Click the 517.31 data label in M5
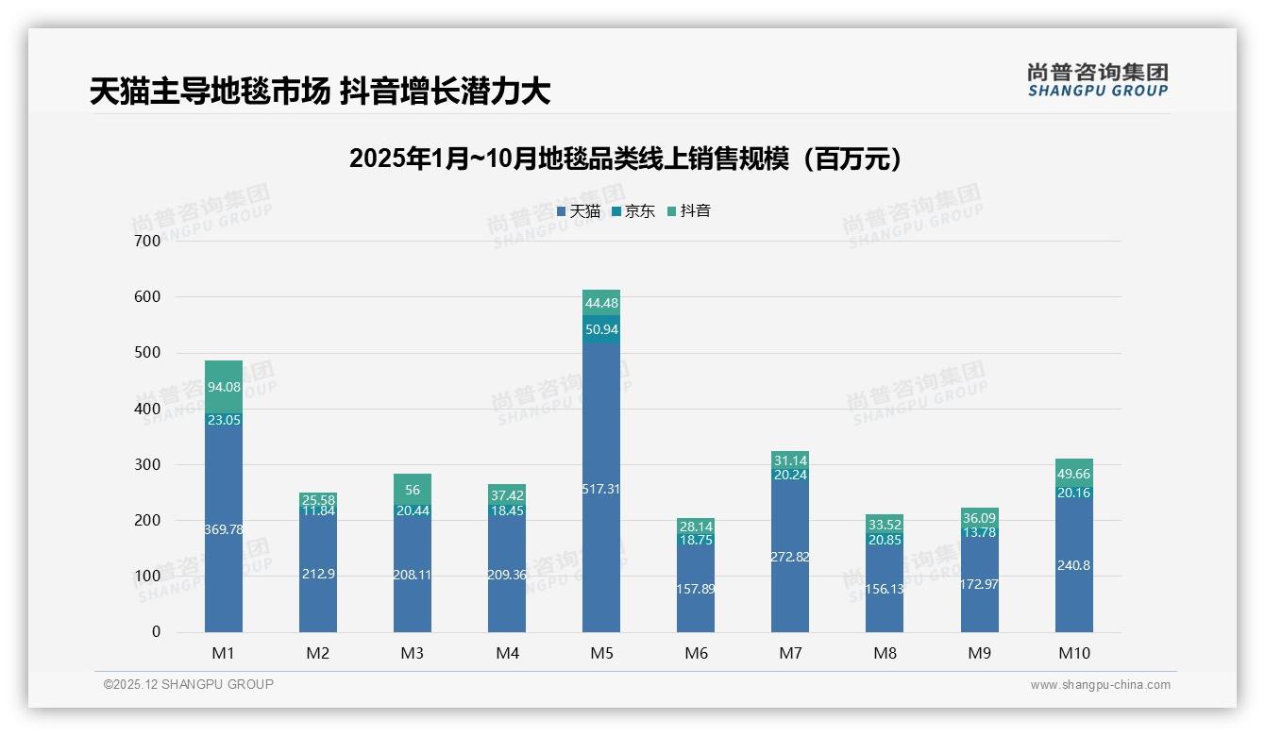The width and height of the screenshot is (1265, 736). tap(601, 489)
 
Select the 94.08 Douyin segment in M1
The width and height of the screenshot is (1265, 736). tap(224, 387)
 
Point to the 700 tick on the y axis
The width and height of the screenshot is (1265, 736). tap(146, 241)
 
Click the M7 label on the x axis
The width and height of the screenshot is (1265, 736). tap(790, 653)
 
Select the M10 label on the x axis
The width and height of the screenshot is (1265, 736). tap(1073, 653)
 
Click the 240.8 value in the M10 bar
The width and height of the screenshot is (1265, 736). tap(1073, 565)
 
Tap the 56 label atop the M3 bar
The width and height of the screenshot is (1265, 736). tap(413, 490)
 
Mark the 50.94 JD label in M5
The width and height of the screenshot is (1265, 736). tap(601, 329)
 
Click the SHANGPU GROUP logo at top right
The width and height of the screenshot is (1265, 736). tap(1097, 80)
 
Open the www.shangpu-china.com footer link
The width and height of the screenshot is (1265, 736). tap(1100, 685)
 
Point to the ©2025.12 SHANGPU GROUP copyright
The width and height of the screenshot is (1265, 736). tap(189, 684)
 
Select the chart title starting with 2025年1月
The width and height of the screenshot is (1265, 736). tap(624, 159)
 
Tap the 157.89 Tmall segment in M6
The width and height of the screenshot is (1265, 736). tap(696, 589)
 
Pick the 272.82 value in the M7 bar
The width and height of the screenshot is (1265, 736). tap(790, 557)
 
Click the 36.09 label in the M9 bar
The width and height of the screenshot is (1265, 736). tap(979, 518)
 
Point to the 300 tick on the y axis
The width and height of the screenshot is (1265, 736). tap(146, 464)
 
